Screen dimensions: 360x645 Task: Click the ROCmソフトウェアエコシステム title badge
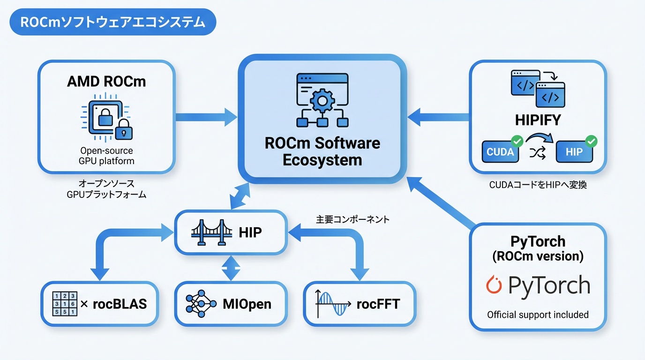tap(112, 22)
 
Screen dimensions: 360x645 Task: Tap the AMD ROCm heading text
tap(106, 81)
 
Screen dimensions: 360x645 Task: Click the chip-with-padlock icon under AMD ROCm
tap(106, 118)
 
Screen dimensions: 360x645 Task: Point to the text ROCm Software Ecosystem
tap(322, 151)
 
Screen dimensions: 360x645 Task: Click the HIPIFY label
tap(538, 120)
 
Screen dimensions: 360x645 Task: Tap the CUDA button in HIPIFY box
tap(500, 152)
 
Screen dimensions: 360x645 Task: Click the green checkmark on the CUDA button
tap(517, 141)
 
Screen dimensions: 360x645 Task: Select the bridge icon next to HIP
tap(212, 232)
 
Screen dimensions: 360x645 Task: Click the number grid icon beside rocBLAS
tap(64, 303)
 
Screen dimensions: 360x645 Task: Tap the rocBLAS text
tap(120, 304)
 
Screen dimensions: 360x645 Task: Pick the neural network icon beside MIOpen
tap(202, 304)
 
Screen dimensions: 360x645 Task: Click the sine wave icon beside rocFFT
tap(333, 304)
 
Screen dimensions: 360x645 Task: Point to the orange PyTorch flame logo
tap(495, 285)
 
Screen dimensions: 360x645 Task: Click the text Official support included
tap(538, 315)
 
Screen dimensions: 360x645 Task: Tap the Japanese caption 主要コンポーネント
tap(352, 219)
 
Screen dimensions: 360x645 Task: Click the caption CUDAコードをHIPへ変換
tap(538, 185)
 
